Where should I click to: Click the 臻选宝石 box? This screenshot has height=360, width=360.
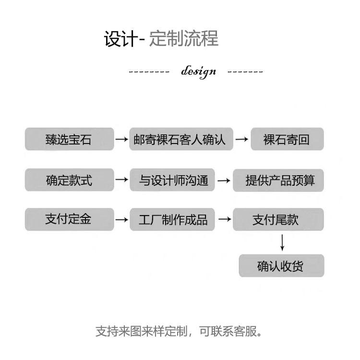tap(69, 139)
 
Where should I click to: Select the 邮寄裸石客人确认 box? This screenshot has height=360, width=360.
tap(181, 139)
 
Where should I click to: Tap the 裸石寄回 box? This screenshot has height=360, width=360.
tap(287, 139)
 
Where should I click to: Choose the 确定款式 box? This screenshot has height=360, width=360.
tap(69, 180)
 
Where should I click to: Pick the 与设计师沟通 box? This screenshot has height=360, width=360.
tap(173, 180)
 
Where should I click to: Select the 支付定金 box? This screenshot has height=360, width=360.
tap(69, 219)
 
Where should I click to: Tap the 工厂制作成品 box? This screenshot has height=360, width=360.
tap(173, 219)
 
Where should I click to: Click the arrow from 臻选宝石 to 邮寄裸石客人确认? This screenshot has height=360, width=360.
tap(121, 140)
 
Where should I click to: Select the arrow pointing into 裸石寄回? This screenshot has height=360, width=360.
tap(242, 140)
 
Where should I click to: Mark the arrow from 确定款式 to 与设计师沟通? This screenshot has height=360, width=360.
tap(121, 180)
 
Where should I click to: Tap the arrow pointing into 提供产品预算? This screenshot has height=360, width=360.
tap(224, 180)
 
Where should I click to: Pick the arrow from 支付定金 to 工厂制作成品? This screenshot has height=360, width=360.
tap(121, 219)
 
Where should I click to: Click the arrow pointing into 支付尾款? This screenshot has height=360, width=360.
tap(224, 219)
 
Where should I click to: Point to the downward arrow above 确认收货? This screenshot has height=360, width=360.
tap(282, 242)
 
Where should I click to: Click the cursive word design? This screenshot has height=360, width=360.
tap(198, 72)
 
